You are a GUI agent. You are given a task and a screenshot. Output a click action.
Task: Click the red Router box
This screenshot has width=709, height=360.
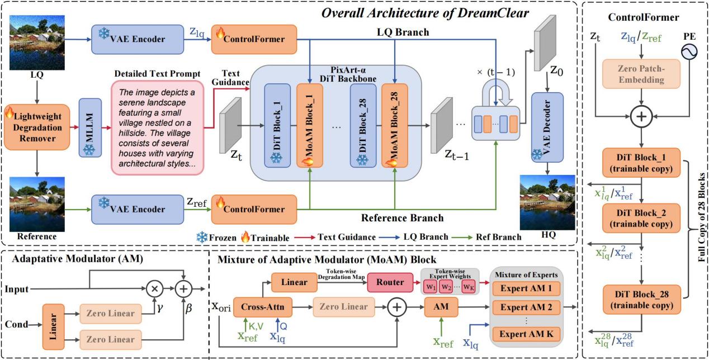[390, 282]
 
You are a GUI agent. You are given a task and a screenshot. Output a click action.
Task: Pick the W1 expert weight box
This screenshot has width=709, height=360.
[430, 287]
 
